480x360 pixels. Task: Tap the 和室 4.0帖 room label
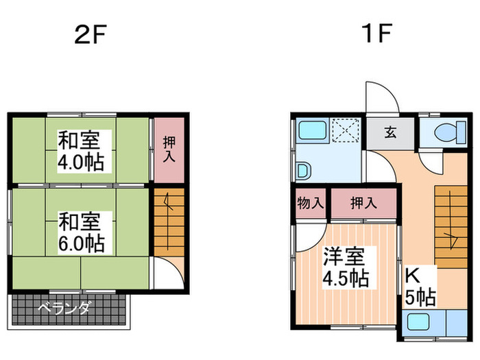80,153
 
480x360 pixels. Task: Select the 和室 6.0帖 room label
80,232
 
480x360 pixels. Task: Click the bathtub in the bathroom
313,130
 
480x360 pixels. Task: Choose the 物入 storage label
310,203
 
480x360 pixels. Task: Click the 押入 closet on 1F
363,203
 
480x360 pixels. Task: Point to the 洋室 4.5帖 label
345,268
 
